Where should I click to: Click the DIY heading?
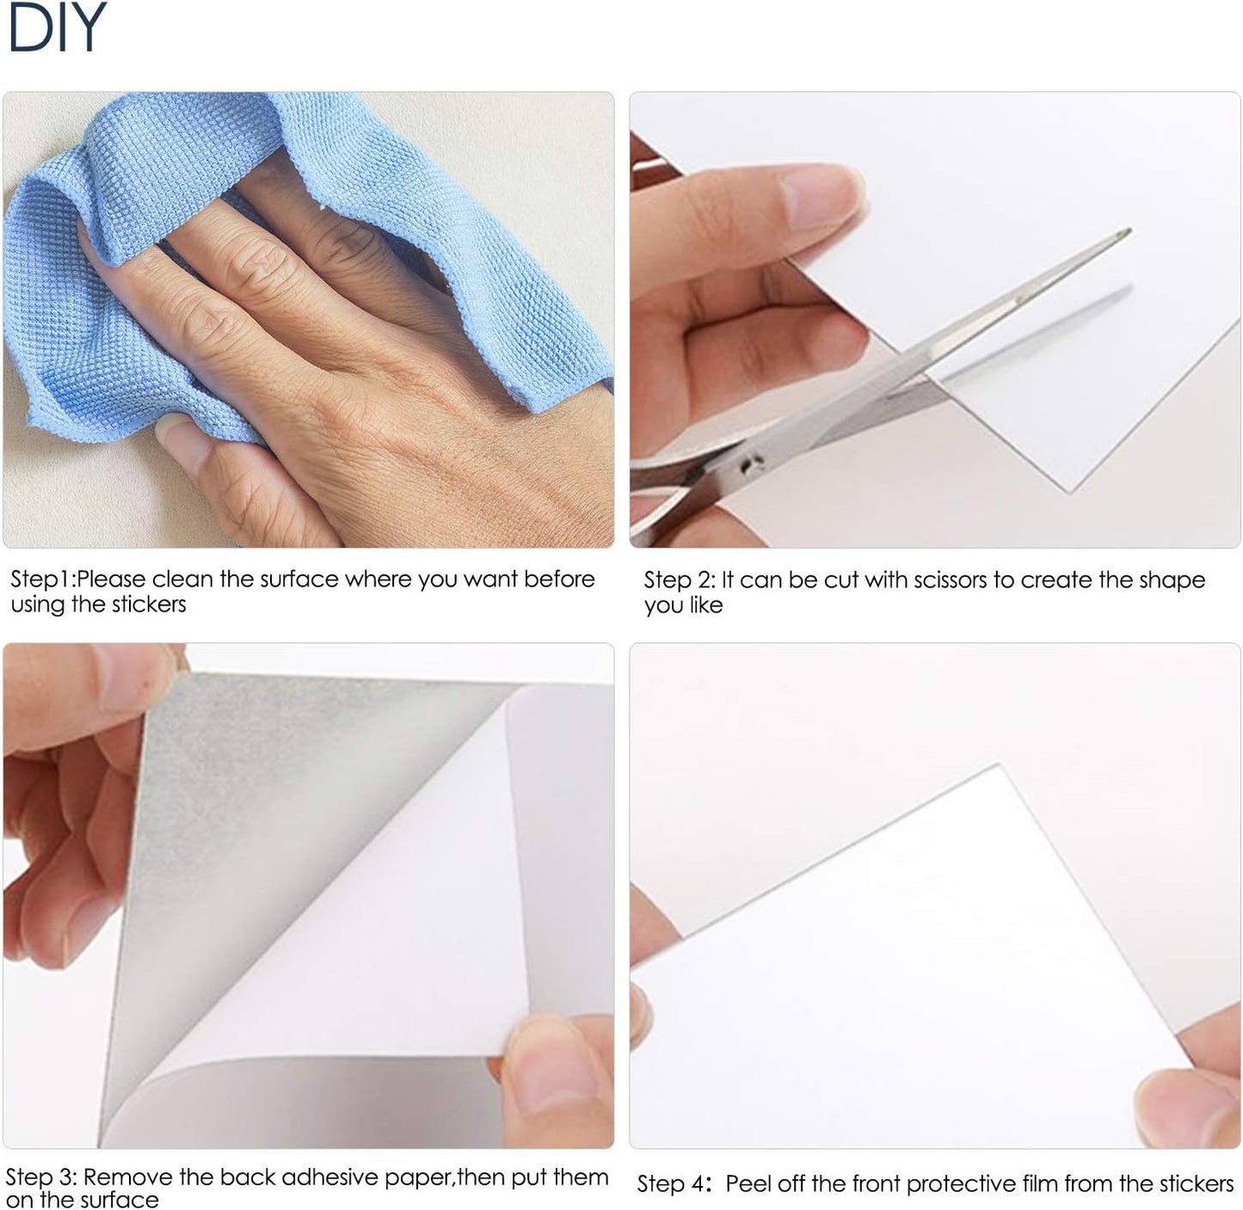56,28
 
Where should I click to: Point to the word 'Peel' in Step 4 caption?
748,1184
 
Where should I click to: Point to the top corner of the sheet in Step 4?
998,765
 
